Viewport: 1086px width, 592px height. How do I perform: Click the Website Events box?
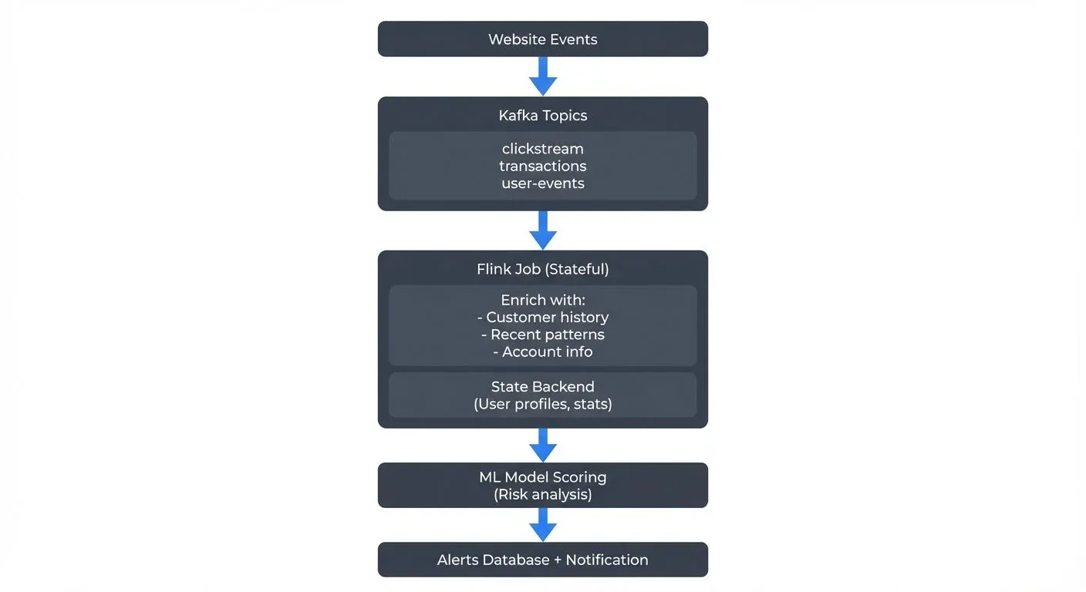pyautogui.click(x=542, y=39)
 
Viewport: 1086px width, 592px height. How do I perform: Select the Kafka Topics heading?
pyautogui.click(x=542, y=116)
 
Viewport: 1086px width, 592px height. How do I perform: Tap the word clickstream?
pyautogui.click(x=542, y=149)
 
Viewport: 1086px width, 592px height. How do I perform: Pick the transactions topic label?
pyautogui.click(x=542, y=166)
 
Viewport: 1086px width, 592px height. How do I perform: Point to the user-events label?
pyautogui.click(x=542, y=183)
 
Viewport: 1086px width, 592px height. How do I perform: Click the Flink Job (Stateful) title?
pyautogui.click(x=542, y=269)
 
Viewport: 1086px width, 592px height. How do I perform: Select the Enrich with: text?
pyautogui.click(x=542, y=300)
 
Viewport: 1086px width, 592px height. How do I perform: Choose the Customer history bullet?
pyautogui.click(x=542, y=317)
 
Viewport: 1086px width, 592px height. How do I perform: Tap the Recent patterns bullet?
pyautogui.click(x=542, y=335)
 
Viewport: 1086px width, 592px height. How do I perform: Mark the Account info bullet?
pyautogui.click(x=542, y=351)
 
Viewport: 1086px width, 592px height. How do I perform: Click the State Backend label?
pyautogui.click(x=542, y=387)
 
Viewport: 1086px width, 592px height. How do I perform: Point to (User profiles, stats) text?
pyautogui.click(x=542, y=404)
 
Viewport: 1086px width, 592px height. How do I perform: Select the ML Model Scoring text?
pyautogui.click(x=542, y=477)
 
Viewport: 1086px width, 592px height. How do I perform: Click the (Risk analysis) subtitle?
pyautogui.click(x=542, y=494)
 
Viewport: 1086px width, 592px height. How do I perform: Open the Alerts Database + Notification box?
pyautogui.click(x=542, y=560)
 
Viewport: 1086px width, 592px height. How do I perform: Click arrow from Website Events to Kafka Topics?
pyautogui.click(x=543, y=76)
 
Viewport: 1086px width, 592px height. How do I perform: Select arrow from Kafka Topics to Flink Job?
pyautogui.click(x=543, y=230)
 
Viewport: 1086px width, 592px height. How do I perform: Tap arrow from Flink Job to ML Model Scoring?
pyautogui.click(x=543, y=445)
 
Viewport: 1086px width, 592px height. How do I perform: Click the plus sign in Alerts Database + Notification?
pyautogui.click(x=558, y=560)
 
